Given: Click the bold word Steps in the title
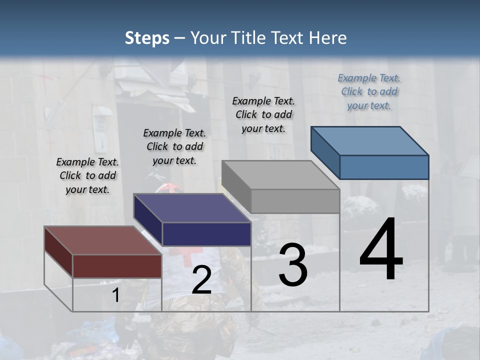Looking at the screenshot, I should pyautogui.click(x=147, y=38).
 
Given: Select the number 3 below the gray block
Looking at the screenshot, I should pyautogui.click(x=293, y=265).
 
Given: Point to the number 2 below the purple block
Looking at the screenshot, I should pyautogui.click(x=201, y=280).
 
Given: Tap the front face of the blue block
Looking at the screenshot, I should pyautogui.click(x=384, y=167).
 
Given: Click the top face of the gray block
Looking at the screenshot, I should pyautogui.click(x=280, y=175).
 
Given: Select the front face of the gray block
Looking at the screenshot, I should pyautogui.click(x=295, y=201).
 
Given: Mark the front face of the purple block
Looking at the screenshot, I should pyautogui.click(x=206, y=234).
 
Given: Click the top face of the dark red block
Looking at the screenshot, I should pyautogui.click(x=102, y=240).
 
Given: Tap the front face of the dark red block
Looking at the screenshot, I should pyautogui.click(x=117, y=266).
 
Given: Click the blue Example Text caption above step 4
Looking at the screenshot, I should pyautogui.click(x=369, y=91).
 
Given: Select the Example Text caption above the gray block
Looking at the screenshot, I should pyautogui.click(x=263, y=114).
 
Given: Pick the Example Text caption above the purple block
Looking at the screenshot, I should pyautogui.click(x=174, y=146).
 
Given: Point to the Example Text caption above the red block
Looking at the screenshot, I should pyautogui.click(x=87, y=175).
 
